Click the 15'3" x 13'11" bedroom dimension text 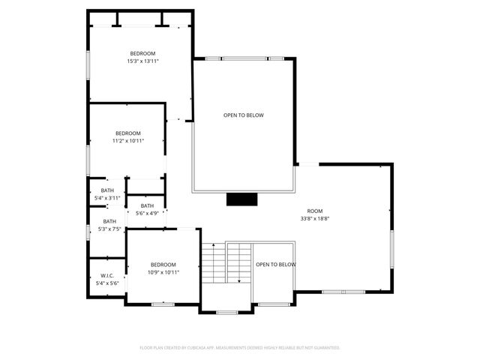pos(142,61)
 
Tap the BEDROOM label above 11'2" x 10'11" pos(127,133)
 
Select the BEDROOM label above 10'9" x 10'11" pos(163,265)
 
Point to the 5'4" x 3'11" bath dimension pos(107,198)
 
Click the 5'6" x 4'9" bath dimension pos(147,214)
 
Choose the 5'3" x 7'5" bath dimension pos(109,229)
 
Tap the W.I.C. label pos(107,275)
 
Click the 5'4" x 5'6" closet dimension pos(107,283)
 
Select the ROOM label pos(315,211)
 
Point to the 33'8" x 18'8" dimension pos(315,219)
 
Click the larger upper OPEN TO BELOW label pos(244,115)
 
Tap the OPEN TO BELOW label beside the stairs pos(275,265)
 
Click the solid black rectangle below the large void pos(242,199)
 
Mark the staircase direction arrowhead pos(238,281)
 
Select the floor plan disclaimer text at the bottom pos(240,348)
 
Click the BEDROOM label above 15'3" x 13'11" pos(142,52)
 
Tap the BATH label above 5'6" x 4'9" pos(147,205)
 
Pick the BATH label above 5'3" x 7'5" pos(109,221)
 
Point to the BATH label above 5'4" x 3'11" pos(107,190)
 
